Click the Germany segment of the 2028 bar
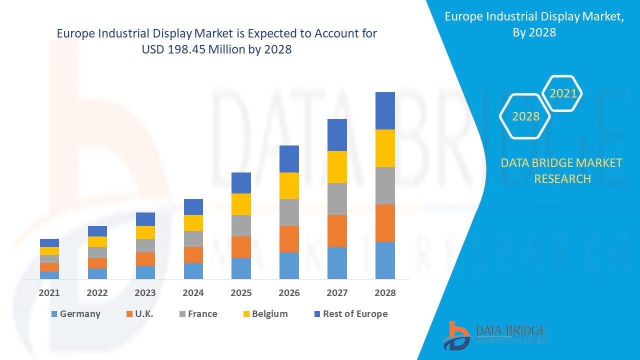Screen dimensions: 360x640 click(385, 260)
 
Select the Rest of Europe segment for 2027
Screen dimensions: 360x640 click(337, 135)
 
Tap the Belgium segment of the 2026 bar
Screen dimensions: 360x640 click(289, 185)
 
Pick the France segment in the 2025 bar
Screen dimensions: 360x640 click(241, 225)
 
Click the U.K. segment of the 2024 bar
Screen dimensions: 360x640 click(193, 254)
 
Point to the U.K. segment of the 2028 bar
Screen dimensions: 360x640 click(385, 223)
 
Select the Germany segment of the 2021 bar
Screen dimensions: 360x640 click(49, 275)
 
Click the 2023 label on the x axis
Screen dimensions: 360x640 click(145, 293)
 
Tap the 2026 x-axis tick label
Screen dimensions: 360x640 click(289, 293)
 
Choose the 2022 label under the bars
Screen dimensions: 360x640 click(97, 293)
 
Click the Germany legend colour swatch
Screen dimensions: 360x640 click(54, 314)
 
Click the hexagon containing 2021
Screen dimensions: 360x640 click(562, 93)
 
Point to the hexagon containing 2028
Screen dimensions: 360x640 click(525, 116)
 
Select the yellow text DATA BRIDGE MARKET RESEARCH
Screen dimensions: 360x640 click(562, 170)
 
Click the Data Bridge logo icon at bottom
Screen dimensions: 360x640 click(456, 335)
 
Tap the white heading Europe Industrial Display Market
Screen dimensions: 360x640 click(534, 17)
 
